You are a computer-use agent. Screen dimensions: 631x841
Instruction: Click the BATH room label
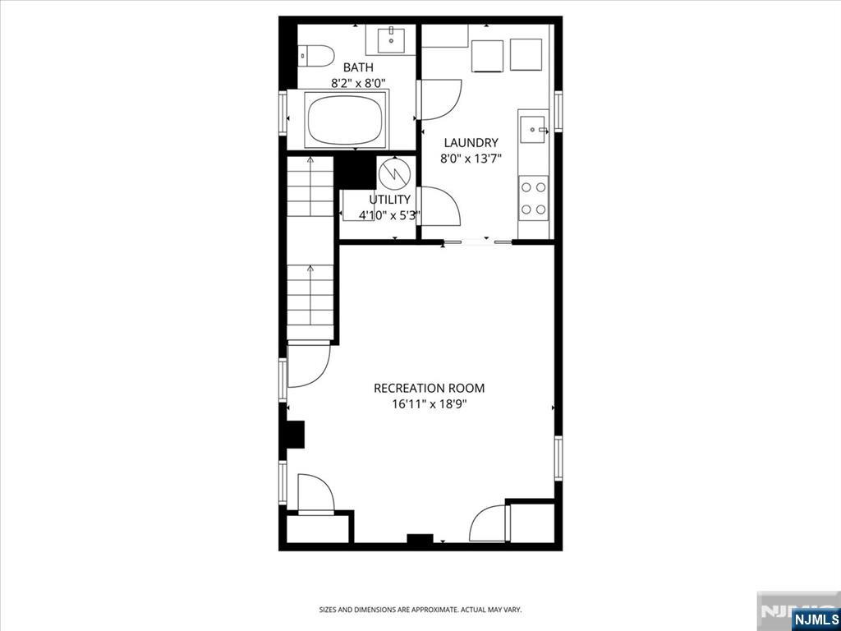[358, 67]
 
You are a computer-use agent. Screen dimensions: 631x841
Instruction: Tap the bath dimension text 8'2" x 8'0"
[358, 83]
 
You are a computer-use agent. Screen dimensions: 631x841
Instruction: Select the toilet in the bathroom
[314, 56]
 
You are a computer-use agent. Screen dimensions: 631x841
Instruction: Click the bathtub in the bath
[346, 120]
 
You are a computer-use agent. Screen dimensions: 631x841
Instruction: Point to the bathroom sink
[391, 39]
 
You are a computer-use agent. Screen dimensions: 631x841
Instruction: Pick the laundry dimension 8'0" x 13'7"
[471, 159]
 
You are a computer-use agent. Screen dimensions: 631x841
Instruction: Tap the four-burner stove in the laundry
[533, 198]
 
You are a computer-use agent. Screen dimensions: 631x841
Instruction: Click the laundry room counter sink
[535, 128]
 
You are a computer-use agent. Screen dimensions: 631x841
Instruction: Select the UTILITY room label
[388, 200]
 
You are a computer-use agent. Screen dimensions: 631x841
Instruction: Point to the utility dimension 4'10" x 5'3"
[389, 215]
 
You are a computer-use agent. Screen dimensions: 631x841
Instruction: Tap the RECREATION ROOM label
[429, 388]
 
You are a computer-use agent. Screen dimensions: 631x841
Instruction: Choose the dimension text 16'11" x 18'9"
[429, 403]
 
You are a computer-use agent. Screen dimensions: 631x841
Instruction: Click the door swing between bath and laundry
[439, 99]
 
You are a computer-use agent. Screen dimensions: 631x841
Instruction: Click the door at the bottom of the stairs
[309, 364]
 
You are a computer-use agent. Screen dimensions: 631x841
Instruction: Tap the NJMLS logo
[815, 619]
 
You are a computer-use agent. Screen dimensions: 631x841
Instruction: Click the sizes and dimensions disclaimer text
[420, 610]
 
